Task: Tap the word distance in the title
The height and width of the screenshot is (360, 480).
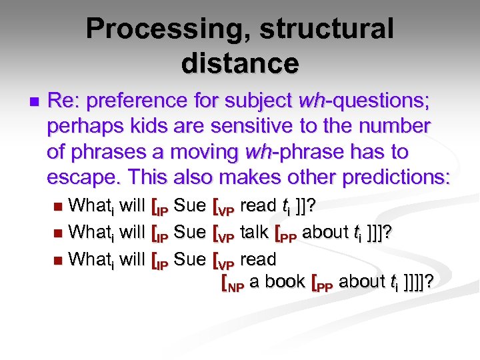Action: point(239,63)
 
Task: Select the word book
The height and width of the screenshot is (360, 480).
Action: point(285,281)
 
